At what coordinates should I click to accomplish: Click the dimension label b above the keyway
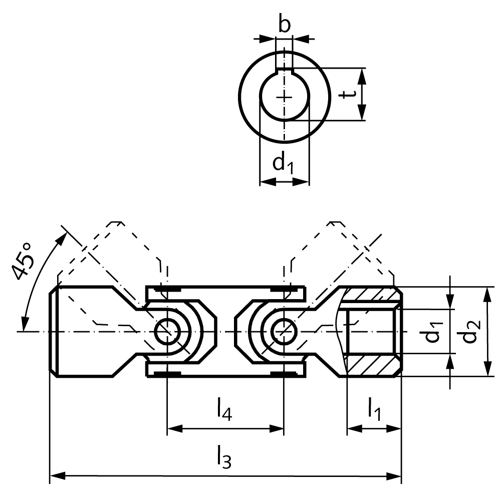284,25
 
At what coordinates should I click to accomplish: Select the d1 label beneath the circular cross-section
283,163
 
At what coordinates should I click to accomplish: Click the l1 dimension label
374,408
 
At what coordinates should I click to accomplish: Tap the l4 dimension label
224,408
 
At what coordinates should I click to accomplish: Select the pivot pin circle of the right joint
284,331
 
